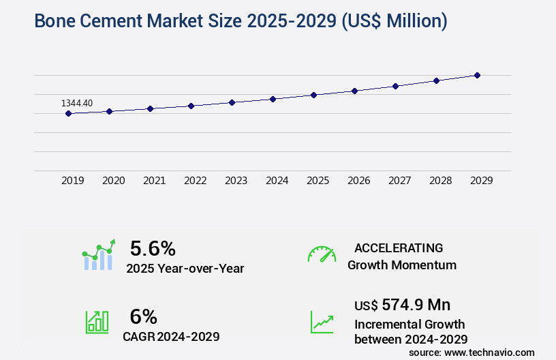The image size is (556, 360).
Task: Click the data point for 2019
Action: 68,113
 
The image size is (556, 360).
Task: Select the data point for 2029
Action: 477,75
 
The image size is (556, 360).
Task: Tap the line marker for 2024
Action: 273,99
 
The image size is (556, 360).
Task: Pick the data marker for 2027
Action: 395,86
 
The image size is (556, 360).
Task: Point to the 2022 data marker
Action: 191,106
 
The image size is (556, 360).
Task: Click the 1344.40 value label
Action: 77,103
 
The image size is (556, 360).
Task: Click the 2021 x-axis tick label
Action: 155,181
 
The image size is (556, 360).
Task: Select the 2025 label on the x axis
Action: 318,181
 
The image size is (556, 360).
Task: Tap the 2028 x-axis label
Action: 441,181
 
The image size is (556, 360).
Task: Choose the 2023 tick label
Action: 236,181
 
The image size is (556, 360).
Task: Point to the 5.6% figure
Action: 153,247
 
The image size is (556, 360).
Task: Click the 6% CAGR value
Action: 143,316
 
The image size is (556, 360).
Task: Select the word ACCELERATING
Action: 398,247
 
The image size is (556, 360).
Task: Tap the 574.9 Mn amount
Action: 416,304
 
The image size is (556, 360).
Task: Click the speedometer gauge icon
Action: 322,254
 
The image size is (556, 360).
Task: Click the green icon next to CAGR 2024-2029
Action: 97,322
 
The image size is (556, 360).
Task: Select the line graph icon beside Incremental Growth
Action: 322,322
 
